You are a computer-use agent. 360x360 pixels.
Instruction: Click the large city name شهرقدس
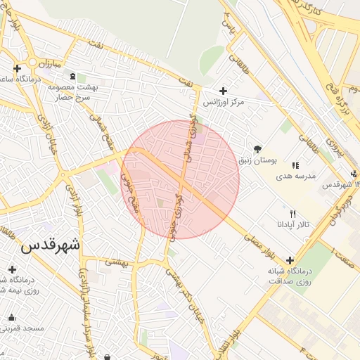pos(51,245)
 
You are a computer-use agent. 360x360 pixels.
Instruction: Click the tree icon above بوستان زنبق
pos(257,148)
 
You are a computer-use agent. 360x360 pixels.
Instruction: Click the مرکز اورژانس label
pos(224,103)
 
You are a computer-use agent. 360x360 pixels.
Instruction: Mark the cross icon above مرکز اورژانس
pos(224,91)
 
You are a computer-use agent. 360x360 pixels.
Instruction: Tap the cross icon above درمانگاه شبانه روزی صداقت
pos(290,260)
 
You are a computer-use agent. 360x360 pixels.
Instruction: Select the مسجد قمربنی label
pos(23,328)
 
